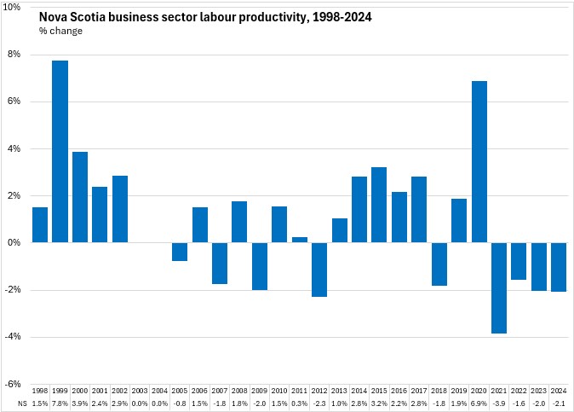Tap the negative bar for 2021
[x=499, y=287]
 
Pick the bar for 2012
[x=319, y=270]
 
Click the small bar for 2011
[x=299, y=240]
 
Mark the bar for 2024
[x=559, y=267]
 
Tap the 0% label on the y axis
[x=20, y=243]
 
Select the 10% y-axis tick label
[x=18, y=8]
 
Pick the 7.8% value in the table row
[x=60, y=402]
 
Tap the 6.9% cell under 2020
[x=479, y=402]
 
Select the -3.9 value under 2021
[x=499, y=402]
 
